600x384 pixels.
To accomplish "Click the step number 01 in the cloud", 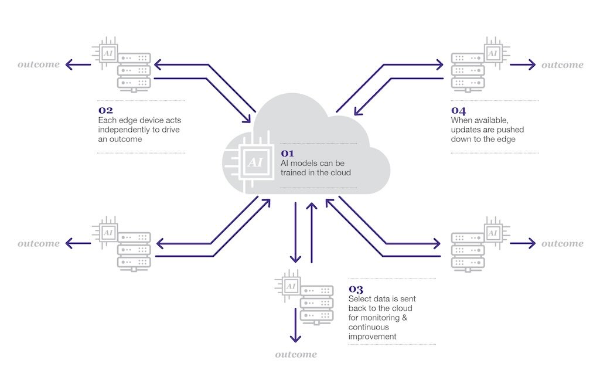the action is point(287,154).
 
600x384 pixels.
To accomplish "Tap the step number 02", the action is point(105,111).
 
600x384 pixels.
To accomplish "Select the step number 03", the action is point(356,289).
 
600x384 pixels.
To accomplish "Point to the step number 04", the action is point(458,111).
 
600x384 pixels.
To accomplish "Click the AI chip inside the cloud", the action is point(255,162).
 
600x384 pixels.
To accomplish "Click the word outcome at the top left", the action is point(39,64).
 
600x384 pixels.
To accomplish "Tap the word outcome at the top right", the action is point(562,64).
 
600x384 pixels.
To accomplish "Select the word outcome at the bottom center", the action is point(296,355).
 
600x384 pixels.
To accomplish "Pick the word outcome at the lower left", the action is point(39,243).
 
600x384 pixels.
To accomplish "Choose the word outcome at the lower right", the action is point(562,243).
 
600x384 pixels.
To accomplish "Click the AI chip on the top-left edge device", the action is point(108,53).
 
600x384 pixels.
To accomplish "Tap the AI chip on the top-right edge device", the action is point(493,53).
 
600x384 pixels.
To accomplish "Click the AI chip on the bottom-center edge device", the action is point(291,286).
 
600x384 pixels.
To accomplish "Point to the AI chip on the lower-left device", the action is point(108,232).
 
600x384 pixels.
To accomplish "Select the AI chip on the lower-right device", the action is point(493,233).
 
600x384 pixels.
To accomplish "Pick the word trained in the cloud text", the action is point(293,173).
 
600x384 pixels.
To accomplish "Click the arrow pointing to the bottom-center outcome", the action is point(295,325).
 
